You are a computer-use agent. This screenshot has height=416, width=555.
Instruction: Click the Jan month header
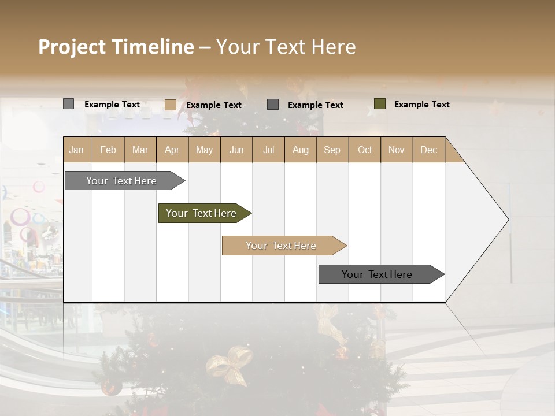click(x=77, y=150)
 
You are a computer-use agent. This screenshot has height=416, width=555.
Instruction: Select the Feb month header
click(x=108, y=150)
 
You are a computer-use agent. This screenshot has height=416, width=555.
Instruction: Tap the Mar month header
click(x=140, y=150)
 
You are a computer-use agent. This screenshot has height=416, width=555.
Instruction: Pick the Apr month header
click(x=172, y=150)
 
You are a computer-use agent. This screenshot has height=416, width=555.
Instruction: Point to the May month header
click(x=204, y=150)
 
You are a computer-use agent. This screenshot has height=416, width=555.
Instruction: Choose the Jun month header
click(x=236, y=150)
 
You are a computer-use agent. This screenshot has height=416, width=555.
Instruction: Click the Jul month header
click(x=268, y=150)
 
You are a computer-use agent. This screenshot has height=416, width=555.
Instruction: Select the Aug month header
click(x=301, y=150)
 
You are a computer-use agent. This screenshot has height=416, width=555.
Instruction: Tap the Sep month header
click(x=332, y=150)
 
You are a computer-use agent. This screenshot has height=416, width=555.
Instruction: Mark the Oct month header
click(x=365, y=150)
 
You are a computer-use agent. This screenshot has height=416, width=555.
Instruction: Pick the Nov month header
click(x=397, y=150)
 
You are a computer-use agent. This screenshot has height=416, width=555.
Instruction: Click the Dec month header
click(x=429, y=150)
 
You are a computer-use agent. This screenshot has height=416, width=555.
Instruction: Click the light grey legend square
click(x=68, y=104)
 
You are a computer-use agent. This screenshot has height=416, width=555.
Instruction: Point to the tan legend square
click(x=171, y=105)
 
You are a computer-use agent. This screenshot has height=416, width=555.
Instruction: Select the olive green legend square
click(x=380, y=104)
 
